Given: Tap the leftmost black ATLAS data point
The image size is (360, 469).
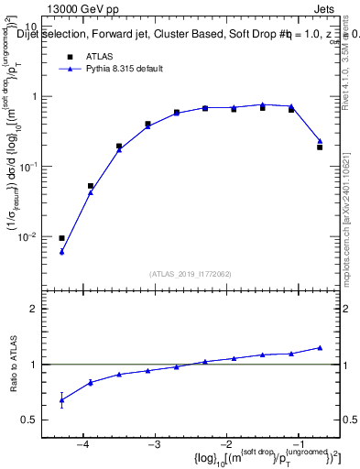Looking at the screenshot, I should [x=61, y=238].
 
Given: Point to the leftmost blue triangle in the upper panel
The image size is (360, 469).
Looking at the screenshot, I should [x=61, y=251].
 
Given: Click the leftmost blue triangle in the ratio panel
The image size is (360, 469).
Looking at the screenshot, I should [x=61, y=399].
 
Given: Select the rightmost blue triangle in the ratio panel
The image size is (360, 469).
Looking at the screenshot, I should [x=320, y=347].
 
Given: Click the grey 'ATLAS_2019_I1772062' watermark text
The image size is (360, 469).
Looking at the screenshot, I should [x=191, y=273].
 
